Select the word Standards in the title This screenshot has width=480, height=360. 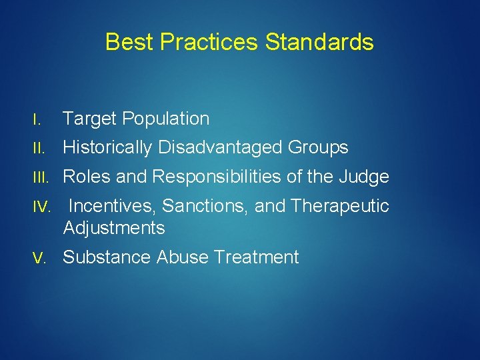pyautogui.click(x=319, y=43)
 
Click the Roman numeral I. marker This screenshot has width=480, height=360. pyautogui.click(x=39, y=120)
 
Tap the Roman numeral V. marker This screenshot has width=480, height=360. pyautogui.click(x=41, y=257)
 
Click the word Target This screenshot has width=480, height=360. pyautogui.click(x=89, y=119)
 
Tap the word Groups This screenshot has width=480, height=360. pyautogui.click(x=320, y=148)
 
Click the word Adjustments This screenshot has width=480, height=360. pyautogui.click(x=114, y=228)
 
